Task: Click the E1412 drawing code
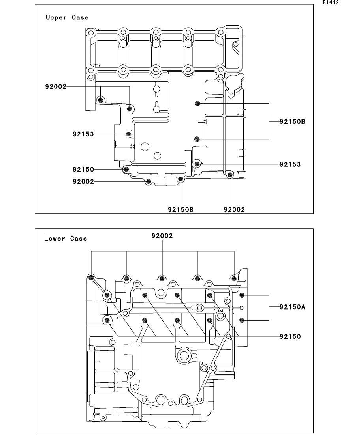click(331, 2)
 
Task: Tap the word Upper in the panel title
click(56, 17)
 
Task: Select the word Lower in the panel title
click(55, 239)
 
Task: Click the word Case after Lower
click(78, 239)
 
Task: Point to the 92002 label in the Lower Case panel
click(162, 236)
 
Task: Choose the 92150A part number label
click(292, 307)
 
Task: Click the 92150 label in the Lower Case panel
click(290, 336)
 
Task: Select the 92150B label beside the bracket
click(292, 122)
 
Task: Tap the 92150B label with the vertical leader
click(180, 210)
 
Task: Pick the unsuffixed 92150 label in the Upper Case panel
click(83, 169)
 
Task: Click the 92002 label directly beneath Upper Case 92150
click(83, 182)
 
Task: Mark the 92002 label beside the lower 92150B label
click(234, 210)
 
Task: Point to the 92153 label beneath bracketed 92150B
click(290, 164)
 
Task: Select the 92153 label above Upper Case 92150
click(83, 134)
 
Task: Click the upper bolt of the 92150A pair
click(242, 295)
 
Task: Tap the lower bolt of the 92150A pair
click(242, 320)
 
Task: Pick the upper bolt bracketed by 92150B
click(197, 103)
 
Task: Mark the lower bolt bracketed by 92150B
click(197, 139)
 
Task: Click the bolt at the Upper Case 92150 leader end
click(126, 169)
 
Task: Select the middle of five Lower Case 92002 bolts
click(162, 278)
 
